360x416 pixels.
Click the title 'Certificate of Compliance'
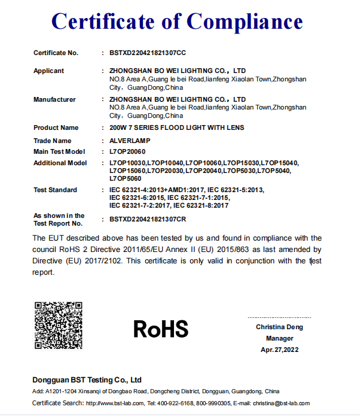177,22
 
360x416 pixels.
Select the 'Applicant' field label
48,71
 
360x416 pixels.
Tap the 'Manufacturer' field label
54,99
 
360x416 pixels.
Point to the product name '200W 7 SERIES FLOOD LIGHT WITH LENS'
177,127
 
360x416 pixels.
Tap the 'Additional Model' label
60,163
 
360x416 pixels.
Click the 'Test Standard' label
55,190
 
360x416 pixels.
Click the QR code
58,326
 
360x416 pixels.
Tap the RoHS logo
161,328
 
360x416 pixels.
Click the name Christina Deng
279,327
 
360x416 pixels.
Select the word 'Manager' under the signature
279,338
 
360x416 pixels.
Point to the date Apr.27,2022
279,350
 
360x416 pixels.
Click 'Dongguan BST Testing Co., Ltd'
87,379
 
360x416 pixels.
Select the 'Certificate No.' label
56,53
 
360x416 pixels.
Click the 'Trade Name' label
53,141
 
